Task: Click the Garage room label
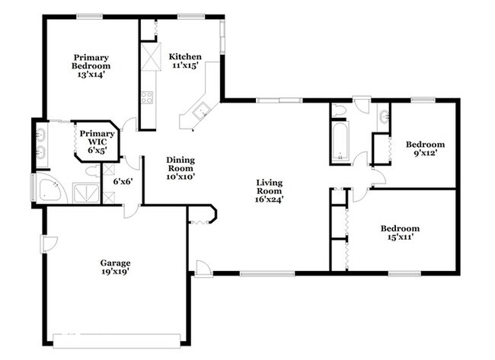(x=115, y=267)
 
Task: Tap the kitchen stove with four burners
(x=147, y=97)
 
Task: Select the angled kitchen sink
(x=201, y=111)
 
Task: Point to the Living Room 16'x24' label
(x=270, y=191)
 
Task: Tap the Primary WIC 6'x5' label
(x=97, y=142)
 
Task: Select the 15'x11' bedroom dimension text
(x=401, y=237)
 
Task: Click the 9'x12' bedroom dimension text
(x=425, y=153)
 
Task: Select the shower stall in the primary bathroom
(x=86, y=193)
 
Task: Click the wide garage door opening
(x=117, y=341)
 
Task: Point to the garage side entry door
(x=48, y=244)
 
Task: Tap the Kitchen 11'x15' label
(x=185, y=61)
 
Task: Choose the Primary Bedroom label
(x=91, y=66)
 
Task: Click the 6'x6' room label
(x=123, y=181)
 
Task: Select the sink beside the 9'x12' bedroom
(x=384, y=116)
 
